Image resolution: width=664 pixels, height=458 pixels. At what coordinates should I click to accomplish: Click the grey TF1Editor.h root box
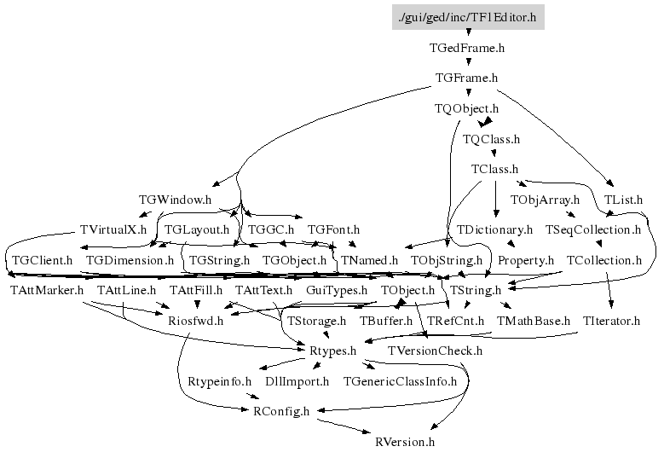468,17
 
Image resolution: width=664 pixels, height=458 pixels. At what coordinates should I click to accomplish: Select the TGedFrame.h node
468,48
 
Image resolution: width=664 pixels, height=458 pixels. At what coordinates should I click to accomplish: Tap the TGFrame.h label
466,78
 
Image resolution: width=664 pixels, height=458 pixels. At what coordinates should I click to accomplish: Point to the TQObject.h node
466,108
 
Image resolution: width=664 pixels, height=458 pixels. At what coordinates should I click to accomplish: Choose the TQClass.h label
491,138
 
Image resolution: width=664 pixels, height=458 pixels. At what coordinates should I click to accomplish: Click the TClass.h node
494,169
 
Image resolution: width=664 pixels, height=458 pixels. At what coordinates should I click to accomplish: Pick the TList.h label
623,200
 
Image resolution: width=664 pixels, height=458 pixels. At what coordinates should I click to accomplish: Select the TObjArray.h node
545,200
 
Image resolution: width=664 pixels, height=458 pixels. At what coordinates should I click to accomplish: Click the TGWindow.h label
175,200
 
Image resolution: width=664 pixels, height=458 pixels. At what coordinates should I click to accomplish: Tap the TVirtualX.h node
113,229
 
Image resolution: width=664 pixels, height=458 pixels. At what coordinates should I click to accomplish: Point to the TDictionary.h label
494,229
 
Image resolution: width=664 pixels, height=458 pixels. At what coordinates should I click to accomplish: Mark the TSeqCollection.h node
592,229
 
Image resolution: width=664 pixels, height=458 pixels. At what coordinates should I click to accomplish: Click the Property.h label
526,260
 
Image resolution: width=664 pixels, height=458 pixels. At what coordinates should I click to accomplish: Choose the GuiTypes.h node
336,291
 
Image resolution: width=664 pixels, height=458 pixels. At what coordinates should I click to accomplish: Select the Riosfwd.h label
196,321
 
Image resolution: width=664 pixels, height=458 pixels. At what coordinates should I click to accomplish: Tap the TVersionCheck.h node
435,351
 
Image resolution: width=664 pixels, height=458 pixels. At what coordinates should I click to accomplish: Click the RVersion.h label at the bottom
405,442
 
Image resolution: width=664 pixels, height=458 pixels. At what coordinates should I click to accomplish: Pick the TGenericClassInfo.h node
400,381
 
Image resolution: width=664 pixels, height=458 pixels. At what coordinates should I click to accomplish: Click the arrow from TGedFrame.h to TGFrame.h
467,63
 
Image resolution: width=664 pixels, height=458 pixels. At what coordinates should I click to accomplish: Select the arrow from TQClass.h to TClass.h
493,154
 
